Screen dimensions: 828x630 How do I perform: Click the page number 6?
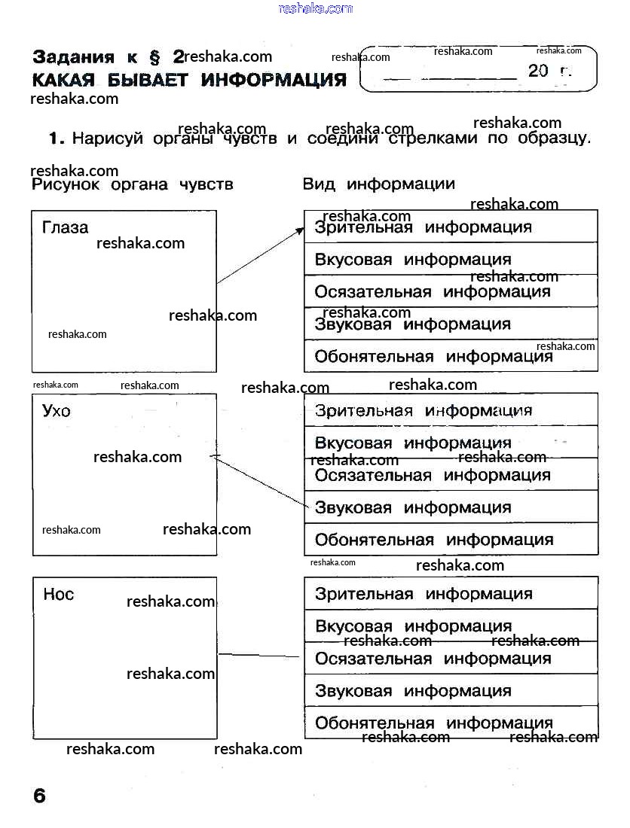pos(39,796)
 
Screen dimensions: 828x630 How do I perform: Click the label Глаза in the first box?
pos(65,227)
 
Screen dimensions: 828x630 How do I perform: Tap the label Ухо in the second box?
pos(57,411)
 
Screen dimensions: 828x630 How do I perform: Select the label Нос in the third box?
pos(59,595)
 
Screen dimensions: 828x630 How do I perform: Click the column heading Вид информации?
pos(378,184)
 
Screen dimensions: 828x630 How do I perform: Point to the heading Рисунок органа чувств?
pos(133,184)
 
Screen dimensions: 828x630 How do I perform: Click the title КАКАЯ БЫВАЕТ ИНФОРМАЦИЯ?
pos(189,80)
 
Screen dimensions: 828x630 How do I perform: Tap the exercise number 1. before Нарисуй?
pos(57,139)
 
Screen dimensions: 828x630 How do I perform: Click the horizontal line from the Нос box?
pos(260,656)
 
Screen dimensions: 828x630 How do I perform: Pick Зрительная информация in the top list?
pos(423,227)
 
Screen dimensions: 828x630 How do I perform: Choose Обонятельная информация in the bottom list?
pos(433,723)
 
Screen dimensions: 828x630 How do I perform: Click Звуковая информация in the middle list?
pos(412,508)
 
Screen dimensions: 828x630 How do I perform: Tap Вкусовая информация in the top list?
pos(412,260)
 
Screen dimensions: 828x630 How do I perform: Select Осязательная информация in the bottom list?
pos(433,659)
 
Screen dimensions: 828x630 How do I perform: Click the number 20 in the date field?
pos(539,72)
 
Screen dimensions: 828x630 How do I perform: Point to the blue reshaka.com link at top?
pos(315,8)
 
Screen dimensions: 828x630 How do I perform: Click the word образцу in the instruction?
pos(554,139)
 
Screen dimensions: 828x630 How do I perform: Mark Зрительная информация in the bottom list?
pos(423,594)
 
